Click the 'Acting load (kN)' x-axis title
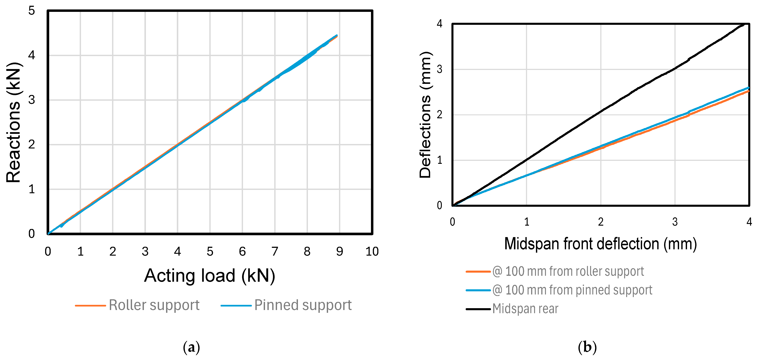pyautogui.click(x=210, y=276)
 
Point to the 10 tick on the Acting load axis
pyautogui.click(x=372, y=252)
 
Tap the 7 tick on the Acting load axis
pyautogui.click(x=275, y=252)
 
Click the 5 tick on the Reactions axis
pyautogui.click(x=32, y=11)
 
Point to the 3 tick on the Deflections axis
pyautogui.click(x=440, y=69)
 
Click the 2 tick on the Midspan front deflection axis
pyautogui.click(x=601, y=222)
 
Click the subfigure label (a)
pyautogui.click(x=191, y=347)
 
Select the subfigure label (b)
pyautogui.click(x=587, y=347)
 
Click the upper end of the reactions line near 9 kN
pyautogui.click(x=337, y=36)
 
